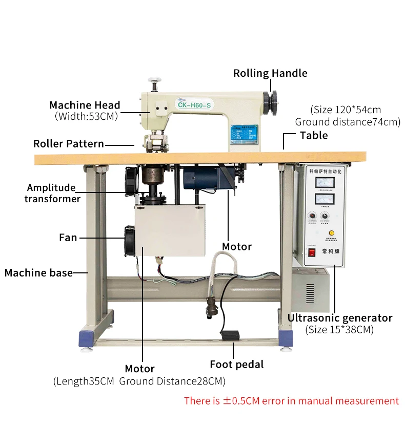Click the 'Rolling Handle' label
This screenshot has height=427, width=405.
click(270, 73)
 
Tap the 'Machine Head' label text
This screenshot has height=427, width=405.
click(85, 105)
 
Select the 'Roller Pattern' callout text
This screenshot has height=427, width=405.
click(69, 144)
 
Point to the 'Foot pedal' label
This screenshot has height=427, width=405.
click(236, 365)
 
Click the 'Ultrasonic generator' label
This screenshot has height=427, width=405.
click(339, 318)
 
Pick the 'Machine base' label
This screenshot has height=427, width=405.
click(38, 273)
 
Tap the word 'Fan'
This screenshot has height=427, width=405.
click(68, 238)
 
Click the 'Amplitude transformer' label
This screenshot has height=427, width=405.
click(52, 193)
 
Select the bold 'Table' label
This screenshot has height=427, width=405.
click(314, 135)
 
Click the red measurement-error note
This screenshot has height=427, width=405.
click(291, 401)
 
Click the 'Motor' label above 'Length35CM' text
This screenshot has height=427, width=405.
click(140, 369)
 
